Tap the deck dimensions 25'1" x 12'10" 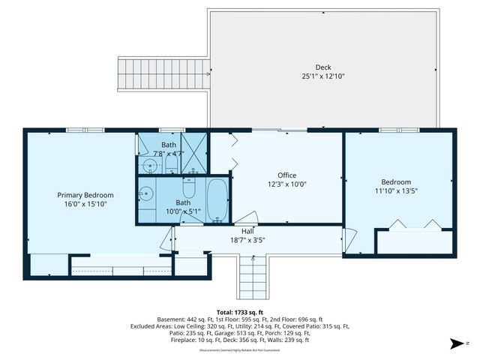pyautogui.click(x=322, y=76)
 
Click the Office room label pyautogui.click(x=288, y=175)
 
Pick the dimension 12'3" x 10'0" pyautogui.click(x=288, y=184)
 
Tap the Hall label pyautogui.click(x=247, y=231)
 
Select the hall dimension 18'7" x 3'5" pyautogui.click(x=247, y=240)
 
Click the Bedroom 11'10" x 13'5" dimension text pyautogui.click(x=396, y=190)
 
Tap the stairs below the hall pyautogui.click(x=253, y=277)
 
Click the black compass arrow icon pyautogui.click(x=454, y=343)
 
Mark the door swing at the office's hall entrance pyautogui.click(x=247, y=218)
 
